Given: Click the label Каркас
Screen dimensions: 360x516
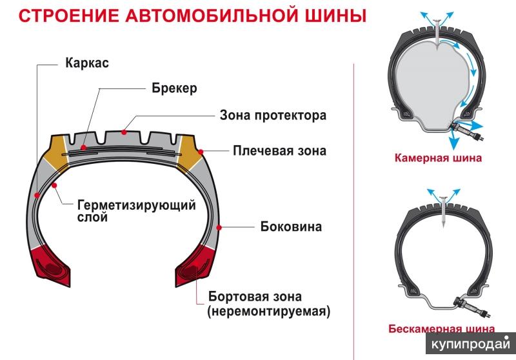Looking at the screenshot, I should click(x=86, y=63).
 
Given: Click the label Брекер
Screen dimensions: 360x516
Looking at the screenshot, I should click(x=174, y=88).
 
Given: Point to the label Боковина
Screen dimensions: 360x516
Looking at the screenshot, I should click(x=291, y=226).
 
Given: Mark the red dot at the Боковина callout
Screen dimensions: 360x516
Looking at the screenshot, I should click(x=221, y=226).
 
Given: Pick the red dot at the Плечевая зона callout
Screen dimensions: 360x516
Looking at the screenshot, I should click(x=201, y=151).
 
